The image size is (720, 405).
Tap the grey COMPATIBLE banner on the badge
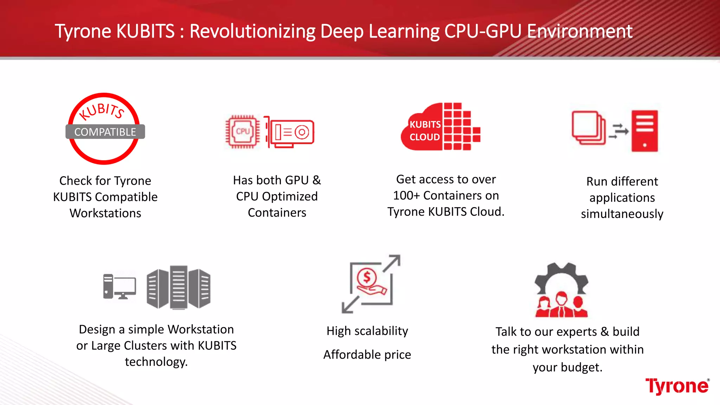(105, 132)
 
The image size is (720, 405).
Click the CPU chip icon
(243, 131)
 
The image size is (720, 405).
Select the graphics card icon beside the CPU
(290, 132)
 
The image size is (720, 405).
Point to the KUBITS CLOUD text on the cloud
(425, 131)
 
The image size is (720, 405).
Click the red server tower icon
(644, 131)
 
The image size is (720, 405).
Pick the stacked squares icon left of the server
(588, 128)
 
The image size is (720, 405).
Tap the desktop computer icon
(119, 286)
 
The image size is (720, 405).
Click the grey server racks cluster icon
(179, 287)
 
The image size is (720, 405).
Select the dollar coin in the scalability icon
(367, 277)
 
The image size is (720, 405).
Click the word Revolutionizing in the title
(252, 31)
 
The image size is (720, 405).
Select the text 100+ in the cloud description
(406, 195)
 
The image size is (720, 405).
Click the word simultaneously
(622, 214)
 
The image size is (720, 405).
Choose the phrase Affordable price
(367, 354)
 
